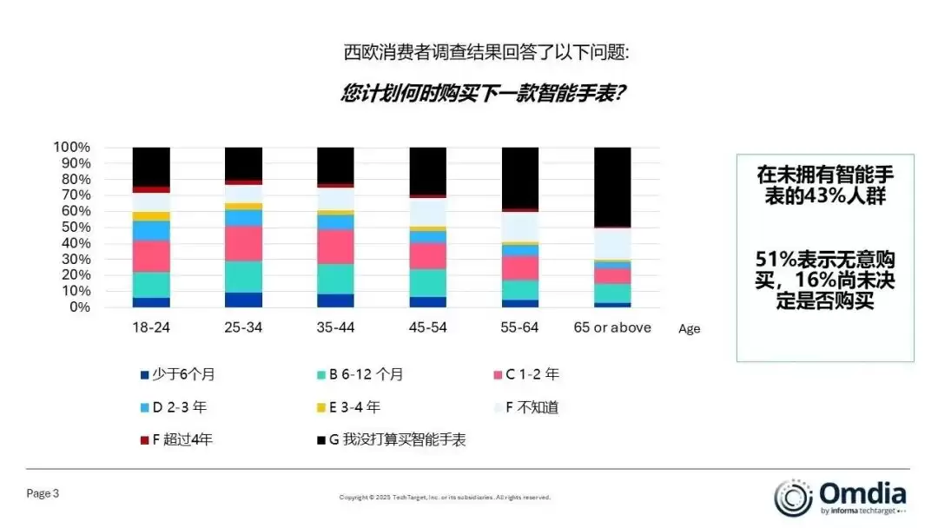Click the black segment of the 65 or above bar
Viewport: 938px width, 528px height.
tap(612, 187)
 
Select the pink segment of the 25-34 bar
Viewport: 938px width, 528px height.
tap(243, 243)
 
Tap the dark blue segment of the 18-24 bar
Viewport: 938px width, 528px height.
tap(151, 302)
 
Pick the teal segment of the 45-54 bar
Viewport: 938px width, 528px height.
tap(427, 283)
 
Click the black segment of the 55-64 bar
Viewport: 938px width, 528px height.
tap(520, 178)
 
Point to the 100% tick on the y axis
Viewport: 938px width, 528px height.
tap(72, 147)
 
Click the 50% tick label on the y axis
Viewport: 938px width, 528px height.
tap(76, 227)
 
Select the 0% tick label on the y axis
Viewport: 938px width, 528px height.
tap(79, 307)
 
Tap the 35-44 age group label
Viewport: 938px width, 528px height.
tap(335, 328)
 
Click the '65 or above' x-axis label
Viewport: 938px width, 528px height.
tap(612, 328)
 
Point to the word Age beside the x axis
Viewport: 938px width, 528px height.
tap(689, 329)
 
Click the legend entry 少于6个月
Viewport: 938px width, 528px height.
tap(183, 375)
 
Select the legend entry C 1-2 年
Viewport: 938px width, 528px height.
tap(532, 375)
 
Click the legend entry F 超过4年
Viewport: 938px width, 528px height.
tap(182, 439)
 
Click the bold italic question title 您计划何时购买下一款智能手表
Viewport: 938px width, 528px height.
tap(483, 94)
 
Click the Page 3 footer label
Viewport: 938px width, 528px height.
tap(43, 494)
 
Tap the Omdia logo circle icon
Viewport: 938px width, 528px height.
tap(793, 497)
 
